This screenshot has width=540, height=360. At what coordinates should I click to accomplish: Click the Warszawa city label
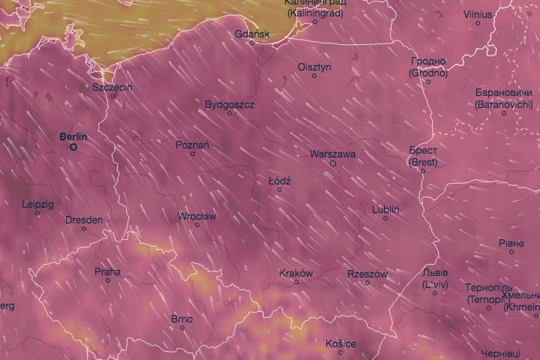[332, 154]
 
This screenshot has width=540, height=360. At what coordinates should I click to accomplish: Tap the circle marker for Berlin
[73, 148]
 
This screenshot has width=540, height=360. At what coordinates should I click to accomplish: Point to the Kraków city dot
[295, 282]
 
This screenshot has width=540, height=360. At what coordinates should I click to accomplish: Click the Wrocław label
[197, 216]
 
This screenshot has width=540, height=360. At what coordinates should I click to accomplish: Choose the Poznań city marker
[193, 154]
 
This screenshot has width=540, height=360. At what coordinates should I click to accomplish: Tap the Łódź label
[279, 181]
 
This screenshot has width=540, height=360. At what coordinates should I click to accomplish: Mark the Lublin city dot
[385, 218]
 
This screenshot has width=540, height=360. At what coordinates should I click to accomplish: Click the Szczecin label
[112, 87]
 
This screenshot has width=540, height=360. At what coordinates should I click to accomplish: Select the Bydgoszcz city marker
[230, 113]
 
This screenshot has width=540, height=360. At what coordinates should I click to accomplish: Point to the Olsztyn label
[314, 67]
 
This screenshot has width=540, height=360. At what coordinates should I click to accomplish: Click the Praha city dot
[108, 280]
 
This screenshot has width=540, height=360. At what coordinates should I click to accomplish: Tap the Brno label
[181, 319]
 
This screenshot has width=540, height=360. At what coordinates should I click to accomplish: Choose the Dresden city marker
[84, 229]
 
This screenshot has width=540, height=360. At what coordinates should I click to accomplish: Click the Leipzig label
[37, 204]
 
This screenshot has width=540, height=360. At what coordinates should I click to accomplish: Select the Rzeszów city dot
[367, 283]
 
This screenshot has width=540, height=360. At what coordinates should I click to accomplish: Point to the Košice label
[340, 343]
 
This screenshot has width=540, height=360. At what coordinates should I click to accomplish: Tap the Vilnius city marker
[478, 23]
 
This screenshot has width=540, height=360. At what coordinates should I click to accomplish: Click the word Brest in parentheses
[424, 162]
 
